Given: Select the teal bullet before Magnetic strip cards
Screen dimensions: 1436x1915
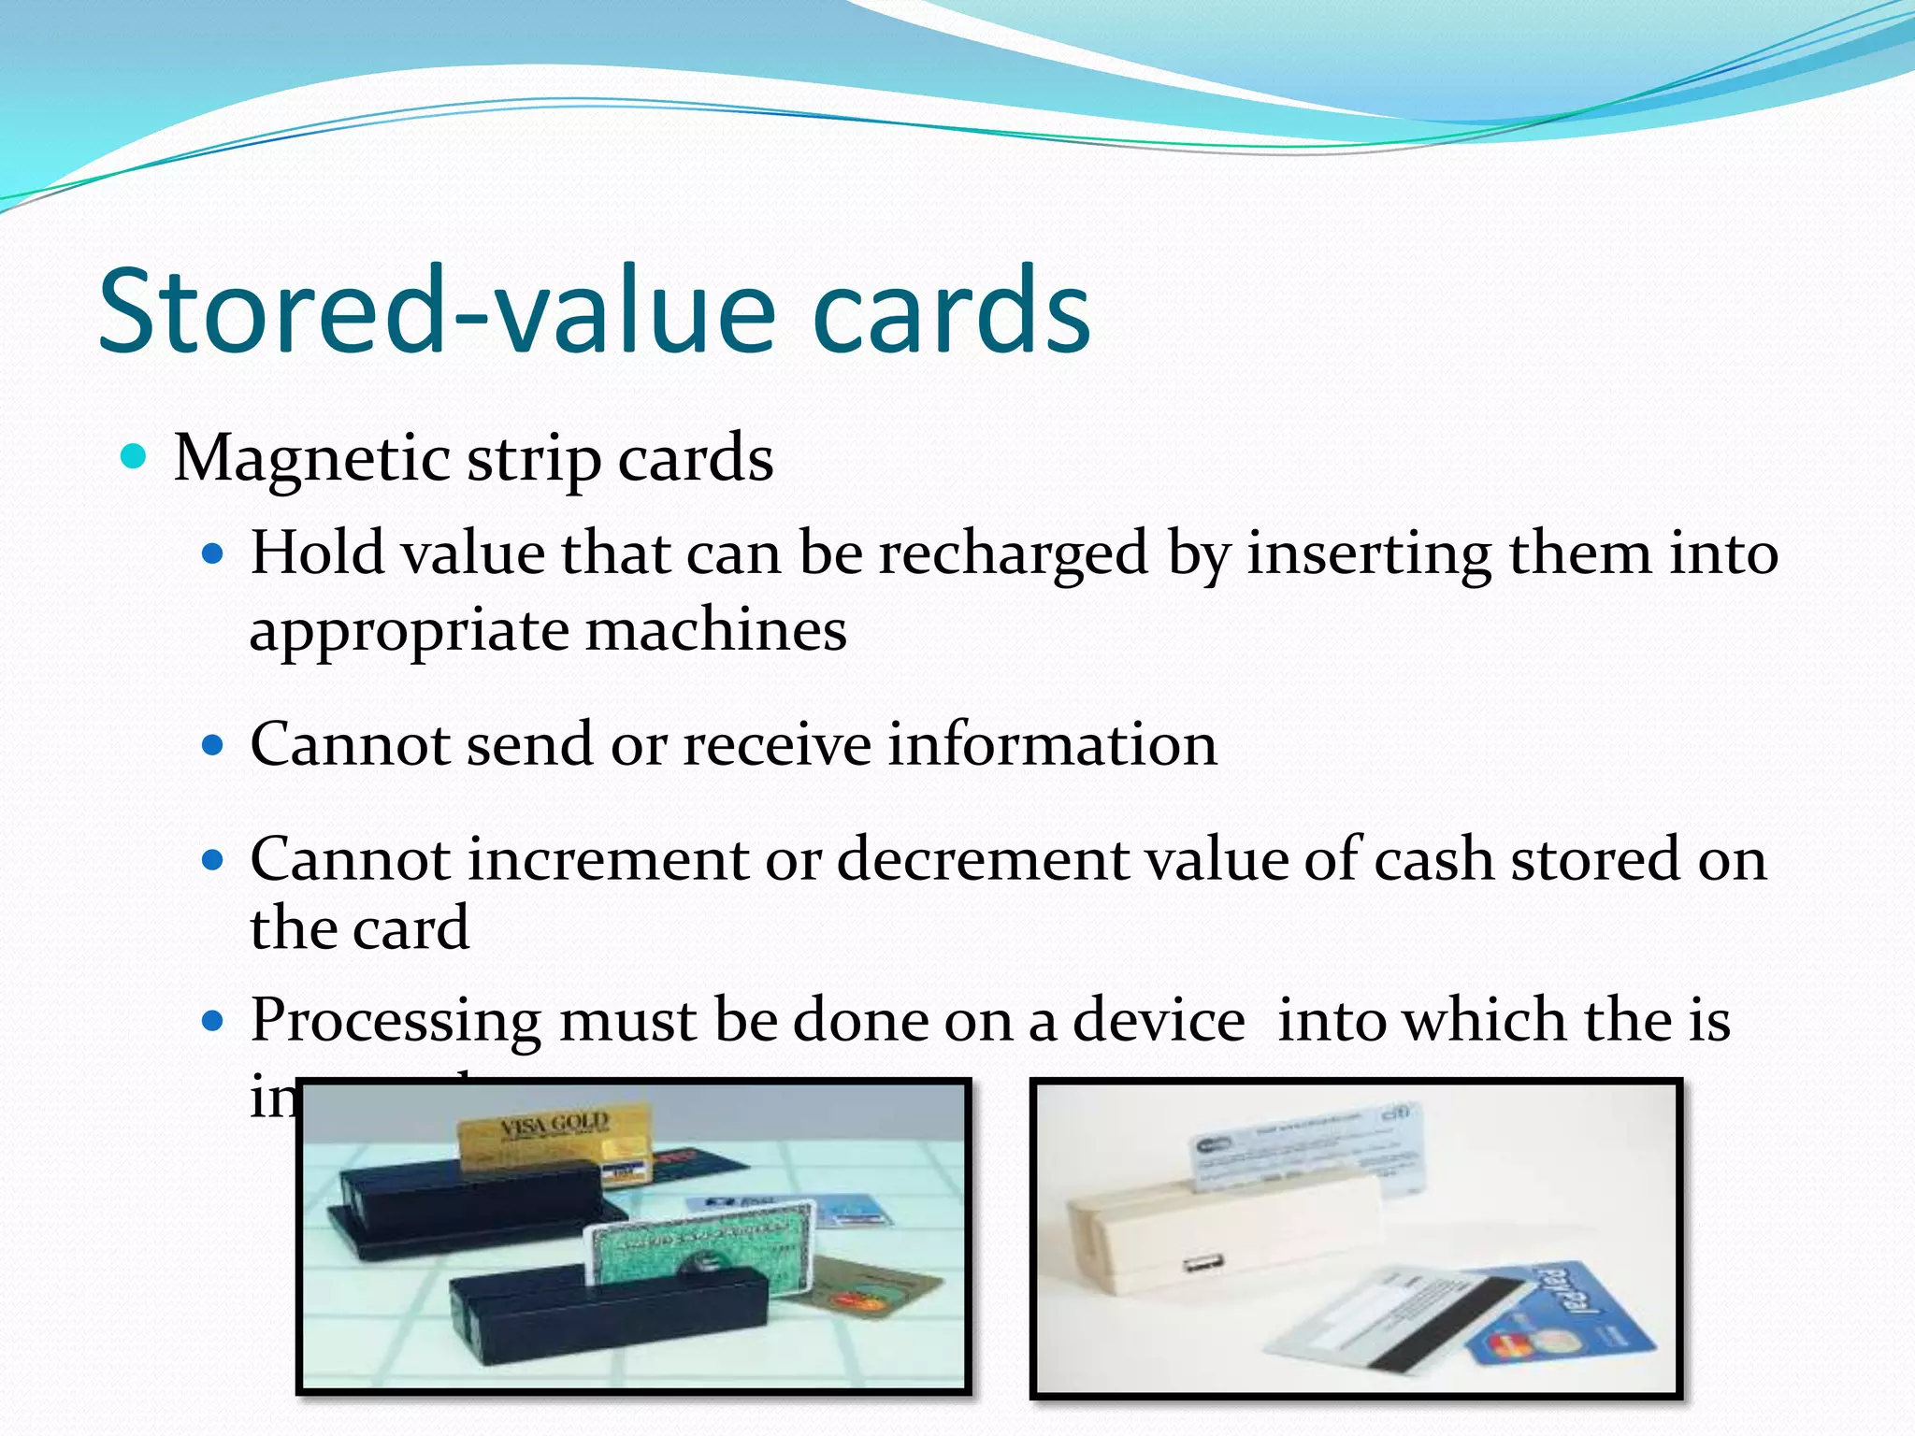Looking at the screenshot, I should tap(135, 456).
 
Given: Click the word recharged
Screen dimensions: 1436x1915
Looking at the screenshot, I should tap(1013, 553).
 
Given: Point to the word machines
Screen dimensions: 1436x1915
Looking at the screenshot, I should tap(716, 630).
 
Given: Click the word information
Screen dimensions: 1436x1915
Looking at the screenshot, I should tap(1052, 745).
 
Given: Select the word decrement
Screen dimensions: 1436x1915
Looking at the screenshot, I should tap(982, 859).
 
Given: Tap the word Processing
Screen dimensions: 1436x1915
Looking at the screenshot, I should tap(396, 1021).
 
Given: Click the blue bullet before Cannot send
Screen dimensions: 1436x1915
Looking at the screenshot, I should tap(214, 745).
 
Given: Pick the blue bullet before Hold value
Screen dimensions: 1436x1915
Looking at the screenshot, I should tap(214, 553).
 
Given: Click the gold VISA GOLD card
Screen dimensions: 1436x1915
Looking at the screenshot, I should tap(554, 1136).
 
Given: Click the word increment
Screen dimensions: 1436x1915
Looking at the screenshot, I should tap(609, 859).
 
